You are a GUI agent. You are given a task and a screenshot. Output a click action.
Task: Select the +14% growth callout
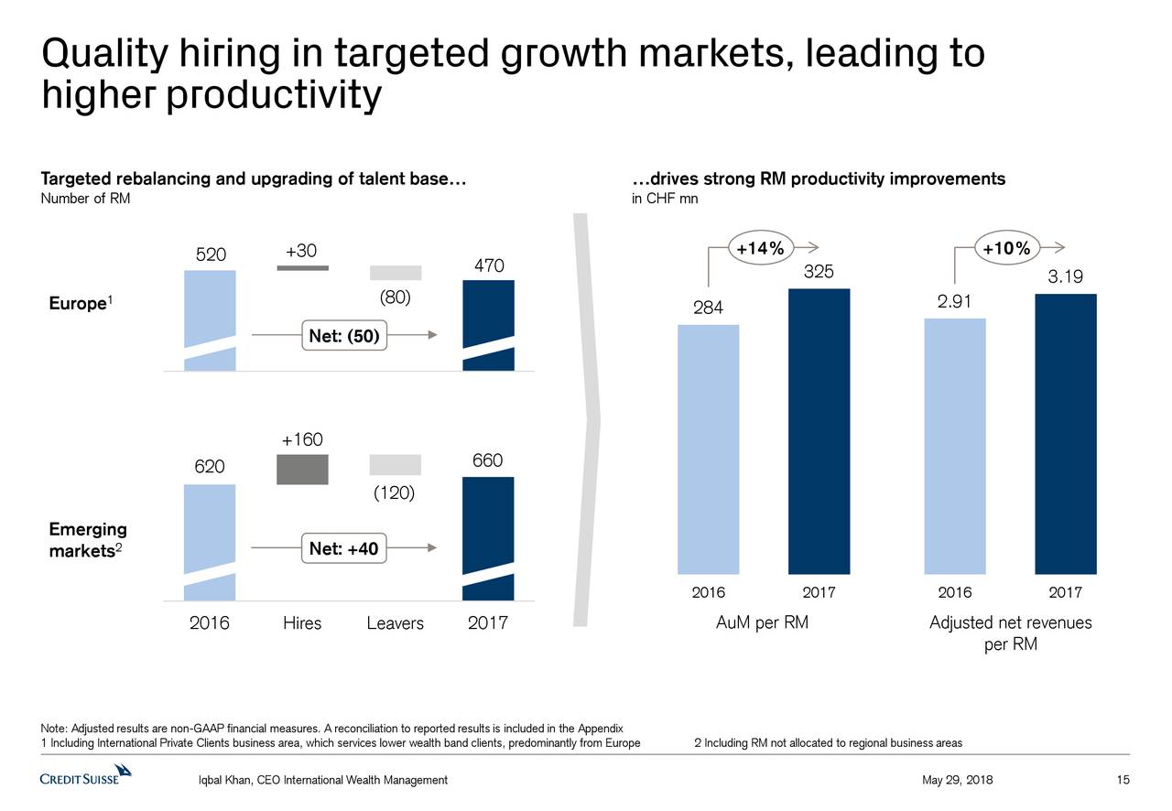(x=760, y=247)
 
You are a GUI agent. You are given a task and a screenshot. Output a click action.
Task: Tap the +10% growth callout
(x=1005, y=247)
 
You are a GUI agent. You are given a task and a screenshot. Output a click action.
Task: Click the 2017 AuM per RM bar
(x=819, y=430)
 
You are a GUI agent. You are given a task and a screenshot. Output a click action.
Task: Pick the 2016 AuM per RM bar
(x=708, y=449)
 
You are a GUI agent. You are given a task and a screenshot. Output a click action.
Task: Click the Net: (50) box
(x=343, y=336)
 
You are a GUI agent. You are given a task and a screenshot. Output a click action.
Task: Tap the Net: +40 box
(x=343, y=548)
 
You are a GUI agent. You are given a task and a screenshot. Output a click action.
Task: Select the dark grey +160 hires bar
(x=302, y=469)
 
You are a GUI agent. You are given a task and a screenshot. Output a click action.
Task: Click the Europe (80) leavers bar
(x=395, y=273)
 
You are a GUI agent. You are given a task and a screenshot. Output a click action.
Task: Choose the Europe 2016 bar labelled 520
(x=210, y=320)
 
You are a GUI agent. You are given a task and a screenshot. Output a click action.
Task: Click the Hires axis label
(x=302, y=623)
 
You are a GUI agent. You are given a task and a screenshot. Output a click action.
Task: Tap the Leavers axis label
(x=395, y=623)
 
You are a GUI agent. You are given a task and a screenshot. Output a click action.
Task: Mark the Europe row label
(x=76, y=304)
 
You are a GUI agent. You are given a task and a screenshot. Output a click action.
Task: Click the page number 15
(x=1123, y=780)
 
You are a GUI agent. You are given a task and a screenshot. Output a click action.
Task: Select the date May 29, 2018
(x=957, y=780)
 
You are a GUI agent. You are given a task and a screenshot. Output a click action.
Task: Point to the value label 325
(x=818, y=273)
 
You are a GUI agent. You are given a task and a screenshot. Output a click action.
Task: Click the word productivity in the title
(x=274, y=95)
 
